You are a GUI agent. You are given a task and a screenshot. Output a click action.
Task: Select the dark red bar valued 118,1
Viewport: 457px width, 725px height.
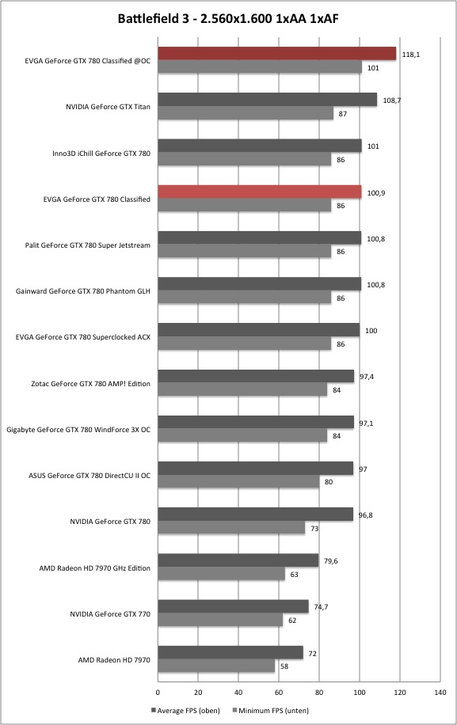[x=277, y=54]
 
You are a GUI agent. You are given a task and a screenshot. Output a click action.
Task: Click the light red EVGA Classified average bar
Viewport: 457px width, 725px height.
[x=260, y=192]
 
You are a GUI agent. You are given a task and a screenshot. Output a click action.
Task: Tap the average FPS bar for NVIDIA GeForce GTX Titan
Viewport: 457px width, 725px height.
[x=268, y=100]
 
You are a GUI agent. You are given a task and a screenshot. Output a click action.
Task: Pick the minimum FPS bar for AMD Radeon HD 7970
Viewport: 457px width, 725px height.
[x=216, y=666]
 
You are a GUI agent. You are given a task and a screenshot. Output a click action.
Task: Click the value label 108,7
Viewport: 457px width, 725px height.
[x=392, y=101]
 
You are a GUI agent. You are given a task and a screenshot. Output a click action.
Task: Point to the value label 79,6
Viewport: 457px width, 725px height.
[x=331, y=561]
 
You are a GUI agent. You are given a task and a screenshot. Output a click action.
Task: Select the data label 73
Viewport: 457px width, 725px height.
[x=314, y=529]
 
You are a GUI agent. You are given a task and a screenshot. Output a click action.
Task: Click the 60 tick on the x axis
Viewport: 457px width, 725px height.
[x=279, y=693]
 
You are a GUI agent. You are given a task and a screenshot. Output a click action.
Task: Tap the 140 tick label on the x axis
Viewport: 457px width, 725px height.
[x=440, y=693]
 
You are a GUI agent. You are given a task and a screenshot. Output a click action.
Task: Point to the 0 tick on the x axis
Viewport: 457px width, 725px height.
[x=158, y=693]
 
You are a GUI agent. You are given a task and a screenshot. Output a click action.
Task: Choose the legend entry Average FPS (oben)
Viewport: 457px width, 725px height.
[x=185, y=711]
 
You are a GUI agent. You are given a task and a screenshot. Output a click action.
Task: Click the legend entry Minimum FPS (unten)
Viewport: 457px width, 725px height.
[x=270, y=711]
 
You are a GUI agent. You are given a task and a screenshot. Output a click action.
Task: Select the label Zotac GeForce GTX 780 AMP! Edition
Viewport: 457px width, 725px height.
[x=90, y=384]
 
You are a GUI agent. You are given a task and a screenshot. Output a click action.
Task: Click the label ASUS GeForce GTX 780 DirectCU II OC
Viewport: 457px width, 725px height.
[x=89, y=476]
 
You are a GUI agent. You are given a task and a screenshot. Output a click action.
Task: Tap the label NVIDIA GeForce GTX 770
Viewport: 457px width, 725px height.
[x=110, y=614]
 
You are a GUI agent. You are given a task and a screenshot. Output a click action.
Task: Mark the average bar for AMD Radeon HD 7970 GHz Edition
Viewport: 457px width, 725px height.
[x=238, y=560]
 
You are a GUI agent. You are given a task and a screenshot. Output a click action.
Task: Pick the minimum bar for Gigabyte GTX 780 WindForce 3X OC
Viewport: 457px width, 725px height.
[x=242, y=435]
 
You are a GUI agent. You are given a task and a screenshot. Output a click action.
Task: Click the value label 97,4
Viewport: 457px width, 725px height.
[x=367, y=377]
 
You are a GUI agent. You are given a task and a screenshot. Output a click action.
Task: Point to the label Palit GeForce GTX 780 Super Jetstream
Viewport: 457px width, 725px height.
[x=88, y=245]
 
